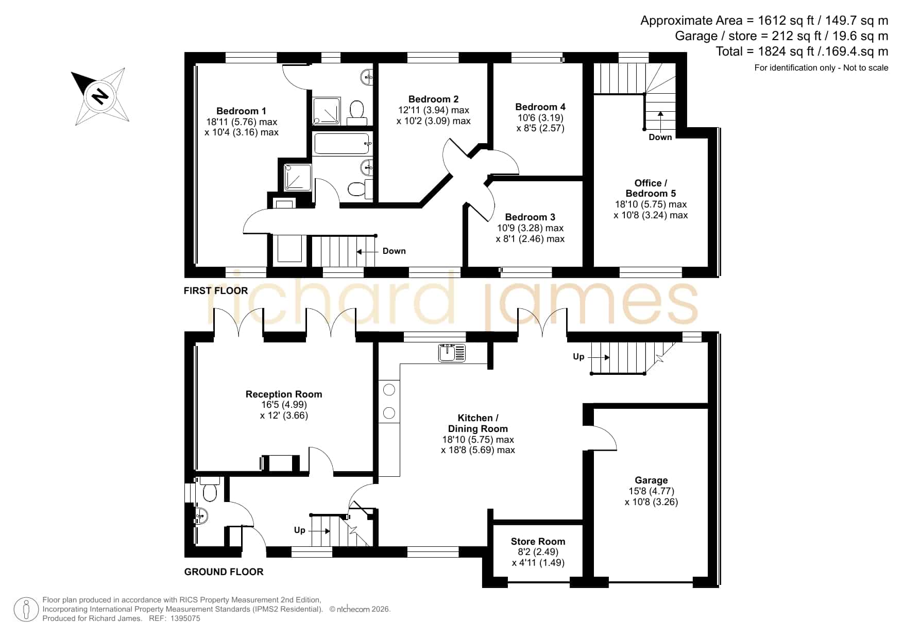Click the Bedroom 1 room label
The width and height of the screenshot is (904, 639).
click(x=241, y=111)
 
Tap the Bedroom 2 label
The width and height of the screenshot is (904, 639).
click(x=433, y=99)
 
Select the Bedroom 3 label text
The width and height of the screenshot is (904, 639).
click(x=530, y=217)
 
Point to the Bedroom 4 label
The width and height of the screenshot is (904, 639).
click(x=540, y=107)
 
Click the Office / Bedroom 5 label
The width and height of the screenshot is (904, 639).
click(x=651, y=188)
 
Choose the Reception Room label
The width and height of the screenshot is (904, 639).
click(x=284, y=394)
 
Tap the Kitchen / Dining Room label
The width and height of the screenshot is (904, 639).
click(x=478, y=423)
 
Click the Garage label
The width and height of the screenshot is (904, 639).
click(x=651, y=480)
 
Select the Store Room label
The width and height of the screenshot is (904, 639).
click(x=538, y=541)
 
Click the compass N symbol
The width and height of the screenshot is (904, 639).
click(x=100, y=95)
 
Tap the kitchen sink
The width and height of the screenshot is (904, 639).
click(x=452, y=353)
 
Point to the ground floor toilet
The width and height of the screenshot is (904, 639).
click(x=210, y=489)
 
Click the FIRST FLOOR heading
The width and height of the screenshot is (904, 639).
click(x=216, y=290)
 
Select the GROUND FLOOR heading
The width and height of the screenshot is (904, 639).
click(x=224, y=572)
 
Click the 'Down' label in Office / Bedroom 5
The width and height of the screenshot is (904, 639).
click(x=660, y=137)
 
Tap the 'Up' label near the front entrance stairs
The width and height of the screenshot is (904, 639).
click(x=300, y=530)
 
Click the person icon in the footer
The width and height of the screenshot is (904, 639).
click(x=26, y=610)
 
